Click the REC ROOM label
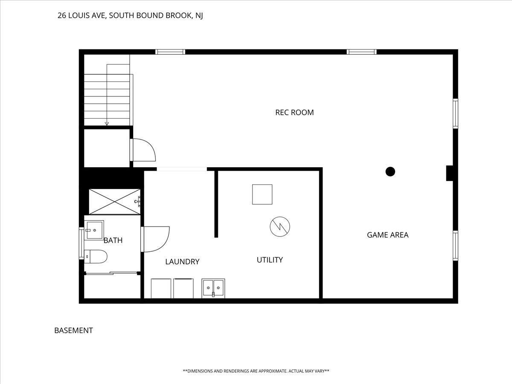click(x=294, y=113)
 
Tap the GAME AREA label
click(x=388, y=235)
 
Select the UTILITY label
click(x=270, y=260)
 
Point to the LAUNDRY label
click(x=182, y=262)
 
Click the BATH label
click(x=113, y=240)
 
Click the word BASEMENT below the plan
click(x=73, y=331)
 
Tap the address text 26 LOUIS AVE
click(x=82, y=16)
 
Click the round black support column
click(x=390, y=172)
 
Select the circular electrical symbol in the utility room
click(x=280, y=227)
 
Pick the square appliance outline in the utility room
click(x=262, y=195)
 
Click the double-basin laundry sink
click(x=213, y=288)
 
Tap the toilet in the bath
click(x=96, y=257)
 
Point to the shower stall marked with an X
click(x=114, y=202)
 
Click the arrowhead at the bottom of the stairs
click(x=107, y=124)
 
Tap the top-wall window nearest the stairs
click(x=170, y=52)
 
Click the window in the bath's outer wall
click(x=81, y=243)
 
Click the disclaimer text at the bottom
click(x=256, y=371)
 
